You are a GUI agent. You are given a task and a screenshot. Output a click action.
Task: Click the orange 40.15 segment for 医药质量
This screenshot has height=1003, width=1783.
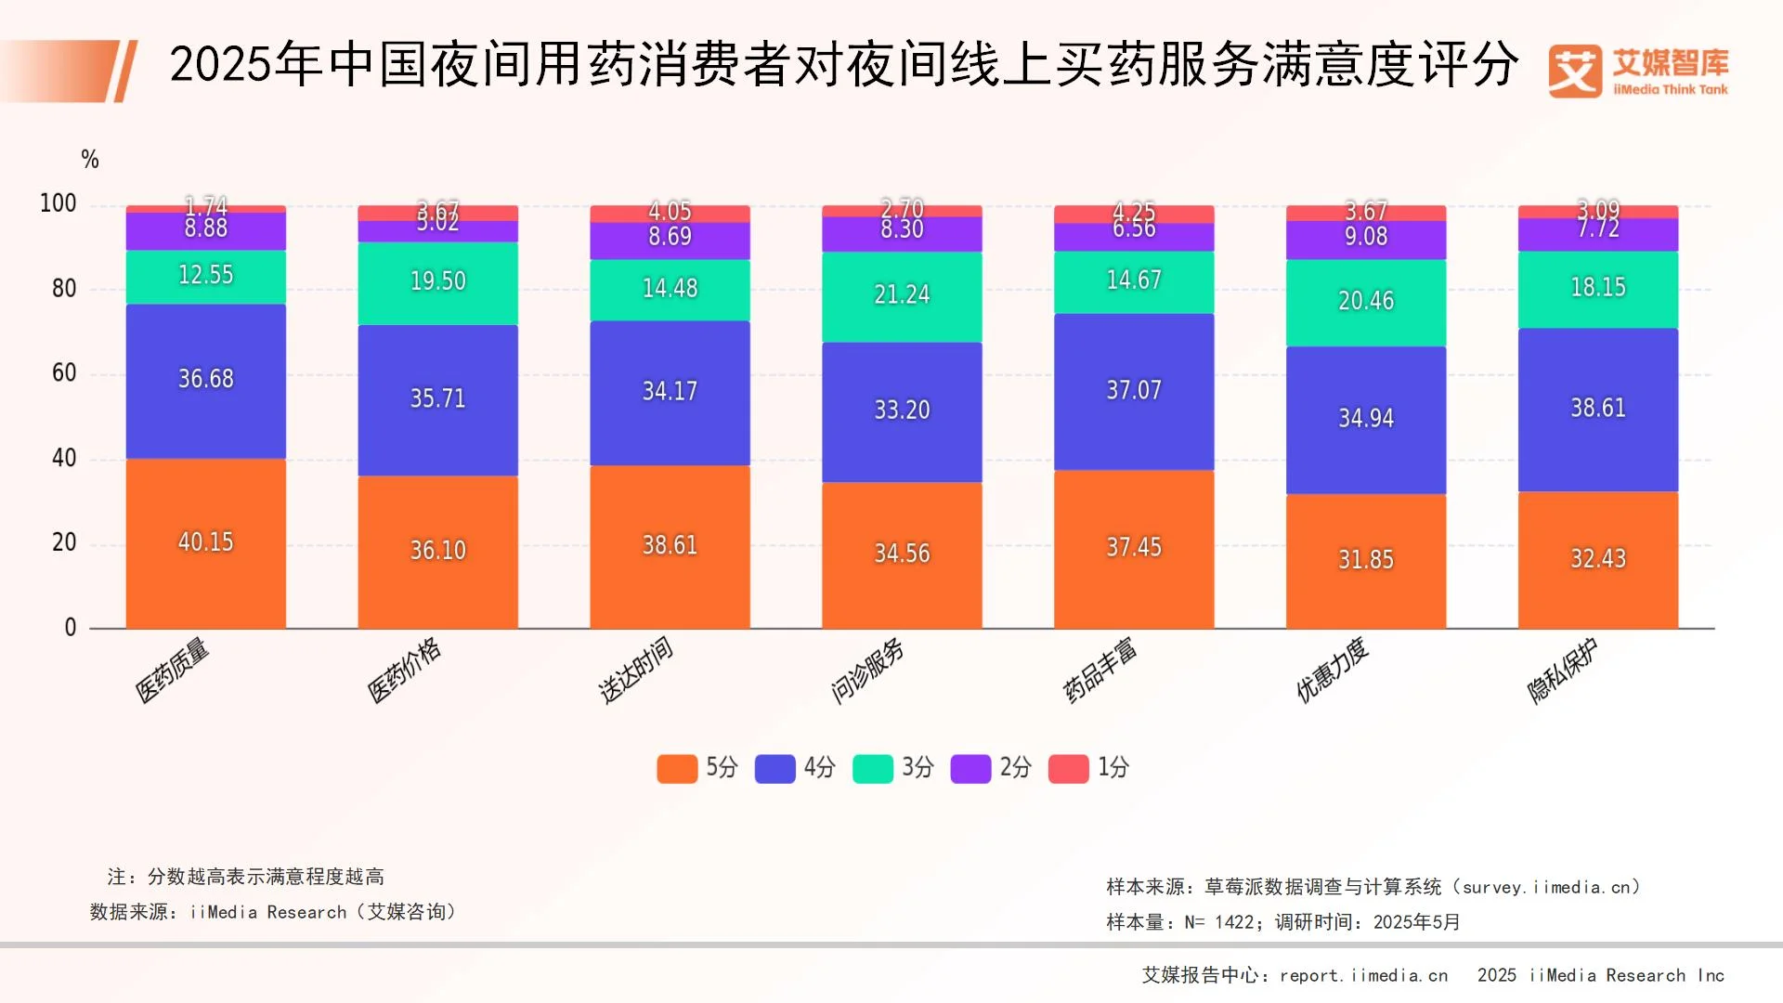(205, 542)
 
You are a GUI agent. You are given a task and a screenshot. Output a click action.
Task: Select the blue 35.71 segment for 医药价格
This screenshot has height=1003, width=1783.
(437, 399)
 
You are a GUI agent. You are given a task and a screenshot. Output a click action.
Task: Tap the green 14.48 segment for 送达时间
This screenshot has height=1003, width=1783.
(670, 289)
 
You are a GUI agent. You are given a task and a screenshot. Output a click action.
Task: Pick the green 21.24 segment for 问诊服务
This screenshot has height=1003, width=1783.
(902, 295)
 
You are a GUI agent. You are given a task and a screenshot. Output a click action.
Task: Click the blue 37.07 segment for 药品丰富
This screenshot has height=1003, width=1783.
(1134, 391)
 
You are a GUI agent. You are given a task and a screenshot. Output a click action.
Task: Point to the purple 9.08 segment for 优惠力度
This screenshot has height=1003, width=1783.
(1366, 239)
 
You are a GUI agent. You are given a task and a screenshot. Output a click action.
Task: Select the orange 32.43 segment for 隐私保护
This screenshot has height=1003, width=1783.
(1598, 559)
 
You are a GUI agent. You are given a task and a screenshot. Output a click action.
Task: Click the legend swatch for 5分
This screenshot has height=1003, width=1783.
(677, 769)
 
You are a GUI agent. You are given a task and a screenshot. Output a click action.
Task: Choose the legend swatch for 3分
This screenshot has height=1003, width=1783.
(873, 769)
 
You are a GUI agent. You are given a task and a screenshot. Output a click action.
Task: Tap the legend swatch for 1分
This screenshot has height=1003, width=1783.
(1068, 769)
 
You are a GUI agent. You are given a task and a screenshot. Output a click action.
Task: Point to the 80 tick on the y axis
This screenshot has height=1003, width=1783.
(64, 289)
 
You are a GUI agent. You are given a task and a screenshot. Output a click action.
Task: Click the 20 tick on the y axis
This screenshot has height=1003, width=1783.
(64, 542)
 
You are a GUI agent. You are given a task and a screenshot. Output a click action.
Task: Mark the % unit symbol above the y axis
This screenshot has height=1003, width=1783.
(90, 160)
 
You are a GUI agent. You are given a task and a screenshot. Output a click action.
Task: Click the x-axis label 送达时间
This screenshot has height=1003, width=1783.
(636, 670)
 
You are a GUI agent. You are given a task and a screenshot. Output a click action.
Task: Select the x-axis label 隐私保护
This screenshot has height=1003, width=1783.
(1563, 670)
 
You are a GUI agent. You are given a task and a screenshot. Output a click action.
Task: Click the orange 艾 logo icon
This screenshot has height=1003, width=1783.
(1575, 72)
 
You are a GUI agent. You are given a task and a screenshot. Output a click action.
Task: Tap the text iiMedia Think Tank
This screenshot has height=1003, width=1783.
(1671, 90)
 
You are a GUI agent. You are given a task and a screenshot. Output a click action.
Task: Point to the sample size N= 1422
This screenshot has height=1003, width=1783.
(1219, 922)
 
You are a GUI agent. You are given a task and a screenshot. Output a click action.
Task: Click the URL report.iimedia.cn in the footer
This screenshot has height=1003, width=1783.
(1363, 975)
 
